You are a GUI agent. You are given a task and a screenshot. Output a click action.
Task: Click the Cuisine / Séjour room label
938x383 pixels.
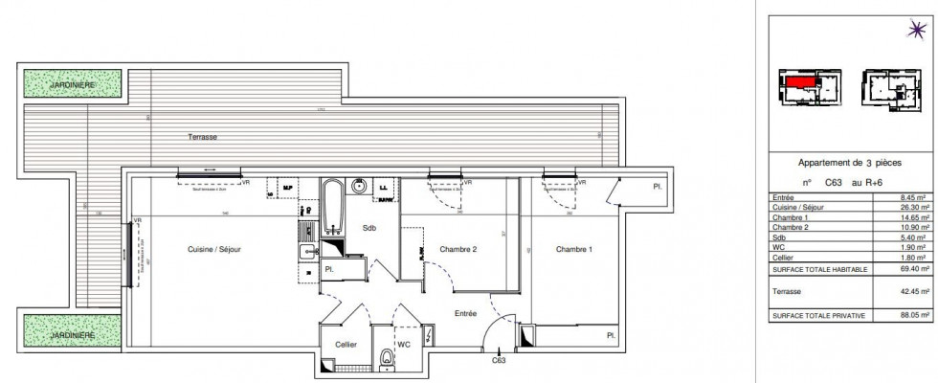click(x=215, y=250)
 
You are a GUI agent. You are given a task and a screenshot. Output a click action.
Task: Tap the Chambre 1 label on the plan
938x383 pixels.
click(x=571, y=250)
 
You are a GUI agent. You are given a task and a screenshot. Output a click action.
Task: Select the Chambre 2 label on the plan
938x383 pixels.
click(x=458, y=250)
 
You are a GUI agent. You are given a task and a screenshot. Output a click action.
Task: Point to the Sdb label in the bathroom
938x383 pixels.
click(x=368, y=228)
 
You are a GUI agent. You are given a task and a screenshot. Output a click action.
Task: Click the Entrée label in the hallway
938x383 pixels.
click(x=464, y=312)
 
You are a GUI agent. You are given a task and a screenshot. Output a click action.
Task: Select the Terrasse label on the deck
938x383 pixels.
click(x=202, y=138)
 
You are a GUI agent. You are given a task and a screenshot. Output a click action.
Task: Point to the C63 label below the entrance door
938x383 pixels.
click(x=499, y=360)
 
